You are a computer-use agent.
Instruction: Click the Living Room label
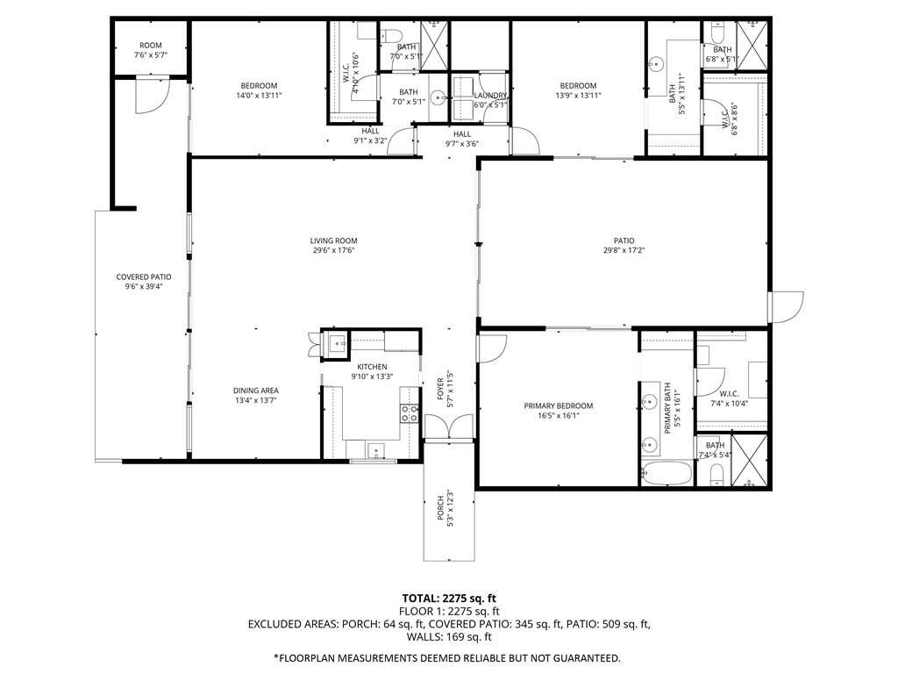click(333, 241)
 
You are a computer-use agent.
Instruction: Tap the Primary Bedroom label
click(558, 405)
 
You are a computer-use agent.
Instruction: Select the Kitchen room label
click(372, 367)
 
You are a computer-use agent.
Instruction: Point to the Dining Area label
click(255, 391)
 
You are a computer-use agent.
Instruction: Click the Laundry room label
click(490, 96)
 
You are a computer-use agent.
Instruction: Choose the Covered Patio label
click(144, 277)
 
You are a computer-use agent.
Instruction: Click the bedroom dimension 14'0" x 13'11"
click(259, 95)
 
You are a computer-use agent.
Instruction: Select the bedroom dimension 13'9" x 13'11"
click(578, 95)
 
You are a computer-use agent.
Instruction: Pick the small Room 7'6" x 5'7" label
click(150, 55)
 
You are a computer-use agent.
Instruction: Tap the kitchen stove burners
click(409, 412)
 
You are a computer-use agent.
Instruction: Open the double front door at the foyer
click(447, 427)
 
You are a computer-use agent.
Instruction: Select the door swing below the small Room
click(150, 95)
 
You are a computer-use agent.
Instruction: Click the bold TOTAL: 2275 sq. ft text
click(448, 599)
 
